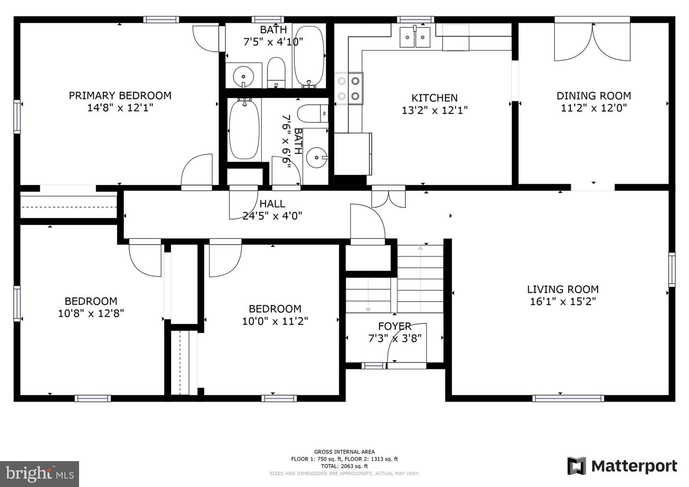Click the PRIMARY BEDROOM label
pos(120,96)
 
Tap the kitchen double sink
pos(415,37)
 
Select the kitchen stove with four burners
pos(349,89)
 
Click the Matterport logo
pos(622,466)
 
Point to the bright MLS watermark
pos(39,474)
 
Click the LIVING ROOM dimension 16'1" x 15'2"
pos(563,301)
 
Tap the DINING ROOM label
pos(594,96)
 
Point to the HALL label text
pos(272,203)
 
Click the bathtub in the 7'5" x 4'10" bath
pos(309,55)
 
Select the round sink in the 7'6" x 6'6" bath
pos(317,157)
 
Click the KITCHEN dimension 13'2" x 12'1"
pos(434,110)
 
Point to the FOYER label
pos(395,326)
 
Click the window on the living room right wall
pos(672,270)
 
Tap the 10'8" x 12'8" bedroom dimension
pos(91,313)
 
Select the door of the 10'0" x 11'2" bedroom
pos(225,258)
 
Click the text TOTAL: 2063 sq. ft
pos(344,466)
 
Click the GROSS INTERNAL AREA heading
pos(344,452)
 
